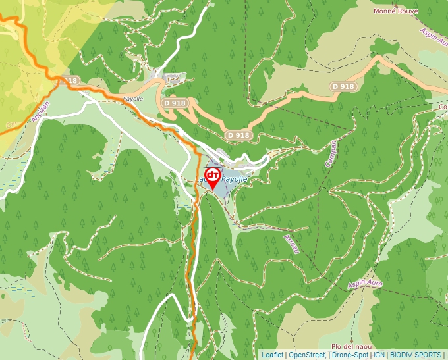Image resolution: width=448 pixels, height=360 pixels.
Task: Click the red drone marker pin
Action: pos(213,177)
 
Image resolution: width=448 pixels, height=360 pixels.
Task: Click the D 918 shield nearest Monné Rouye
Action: pos(343,86)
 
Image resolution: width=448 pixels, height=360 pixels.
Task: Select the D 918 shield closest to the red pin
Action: pos(238,135)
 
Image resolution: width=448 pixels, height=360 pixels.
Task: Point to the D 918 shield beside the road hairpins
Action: pos(175,103)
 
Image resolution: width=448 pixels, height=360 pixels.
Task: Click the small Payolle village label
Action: pos(133,99)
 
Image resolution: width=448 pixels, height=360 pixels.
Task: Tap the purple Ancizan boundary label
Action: pos(40,113)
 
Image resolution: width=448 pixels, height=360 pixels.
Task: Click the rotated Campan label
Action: pos(331,153)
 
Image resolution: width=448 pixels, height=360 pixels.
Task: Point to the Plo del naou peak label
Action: pos(352,347)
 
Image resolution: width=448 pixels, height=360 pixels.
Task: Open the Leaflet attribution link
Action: pos(272,355)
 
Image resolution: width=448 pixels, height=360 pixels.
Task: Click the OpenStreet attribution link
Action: pos(306,355)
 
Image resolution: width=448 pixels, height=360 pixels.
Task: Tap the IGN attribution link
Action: pos(379,355)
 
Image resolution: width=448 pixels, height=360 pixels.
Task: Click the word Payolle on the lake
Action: pos(234,179)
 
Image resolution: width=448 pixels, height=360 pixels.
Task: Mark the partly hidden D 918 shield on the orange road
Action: pos(69,80)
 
